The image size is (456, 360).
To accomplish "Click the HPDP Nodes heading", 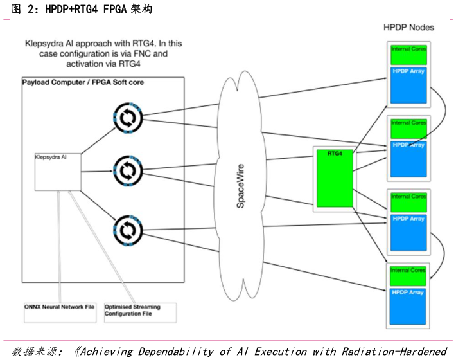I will [408, 28].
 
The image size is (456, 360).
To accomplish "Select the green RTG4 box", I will [335, 179].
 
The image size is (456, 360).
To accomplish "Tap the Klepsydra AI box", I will [57, 171].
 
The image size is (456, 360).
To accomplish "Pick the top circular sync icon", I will [127, 118].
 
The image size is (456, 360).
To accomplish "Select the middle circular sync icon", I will [127, 170].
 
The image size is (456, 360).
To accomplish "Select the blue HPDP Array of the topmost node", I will [408, 84].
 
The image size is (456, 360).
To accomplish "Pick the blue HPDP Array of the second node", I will [408, 158].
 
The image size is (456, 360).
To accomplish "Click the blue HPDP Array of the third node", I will [408, 232].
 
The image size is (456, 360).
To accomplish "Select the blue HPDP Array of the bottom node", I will [408, 305].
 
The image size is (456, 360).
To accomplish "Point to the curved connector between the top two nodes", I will [441, 113].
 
